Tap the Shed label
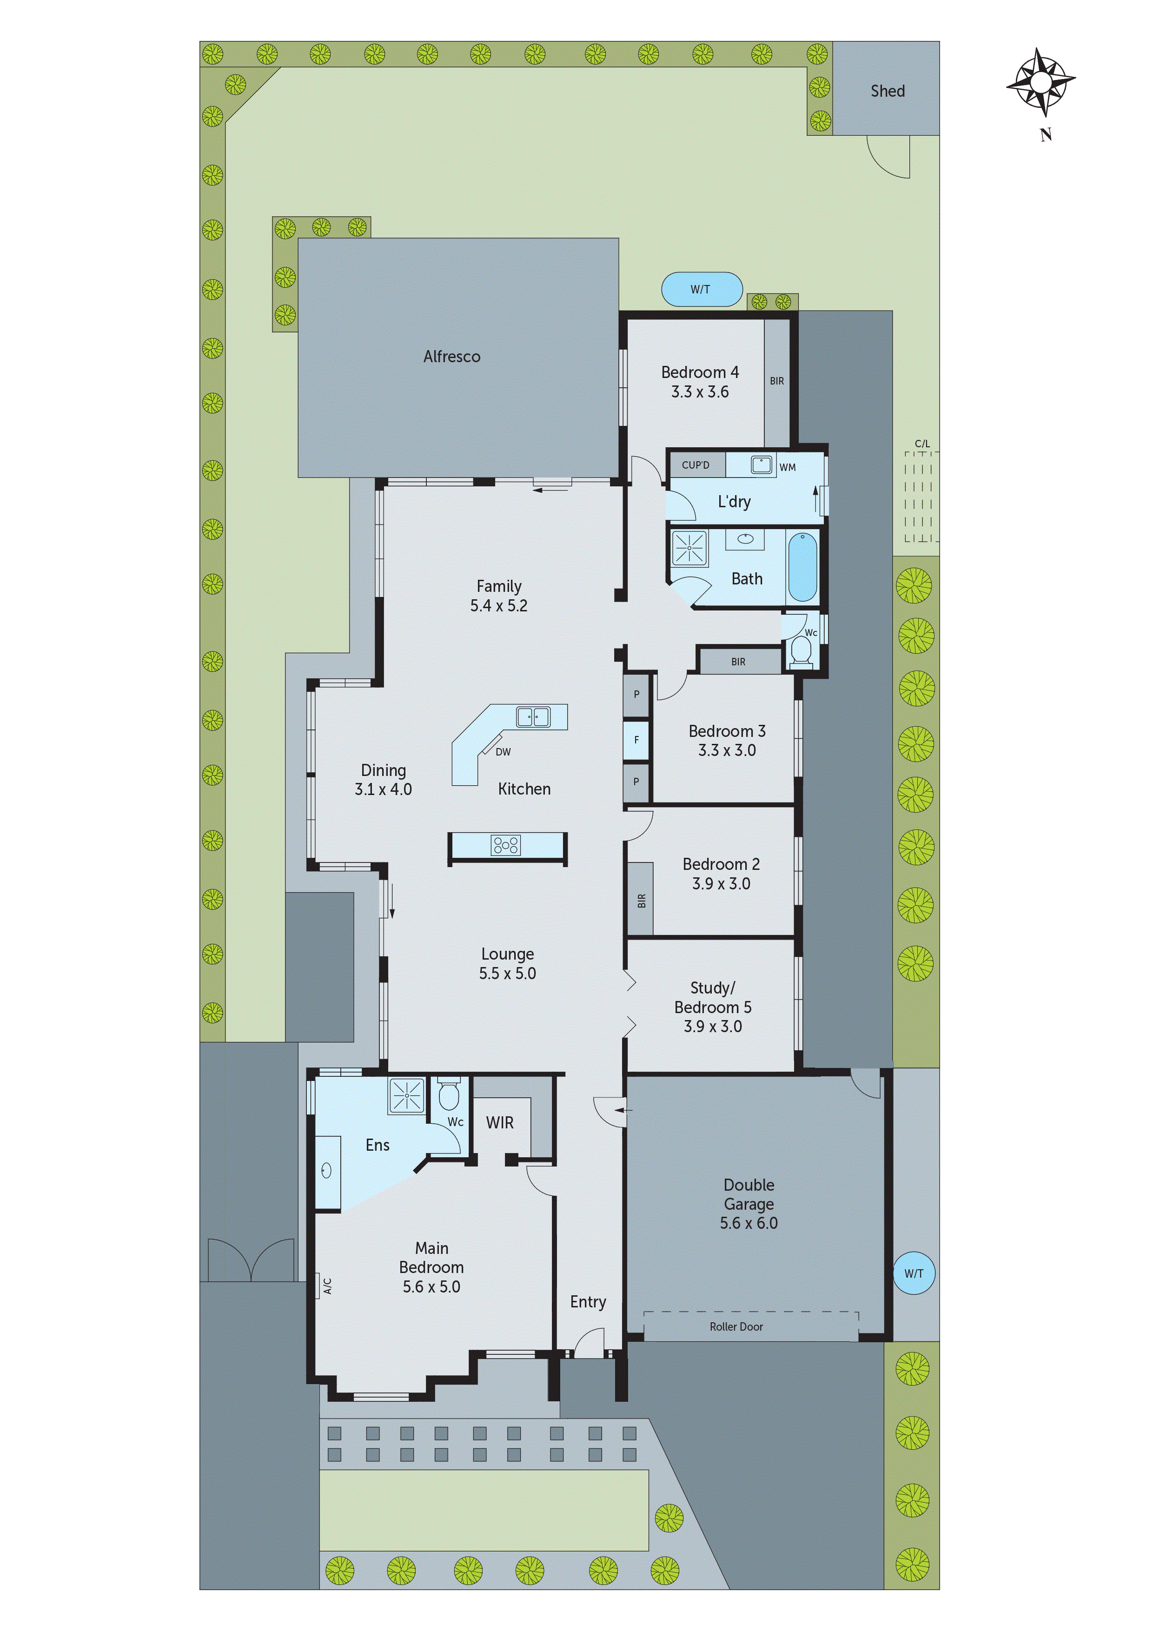pyautogui.click(x=888, y=91)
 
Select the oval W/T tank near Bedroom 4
pyautogui.click(x=701, y=289)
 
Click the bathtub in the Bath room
pyautogui.click(x=803, y=567)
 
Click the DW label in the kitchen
pyautogui.click(x=503, y=751)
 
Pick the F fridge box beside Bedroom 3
pyautogui.click(x=636, y=740)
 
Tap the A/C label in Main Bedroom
pyautogui.click(x=327, y=1286)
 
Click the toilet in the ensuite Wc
pyautogui.click(x=448, y=1096)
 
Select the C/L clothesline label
pyautogui.click(x=921, y=443)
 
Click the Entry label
pyautogui.click(x=588, y=1301)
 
